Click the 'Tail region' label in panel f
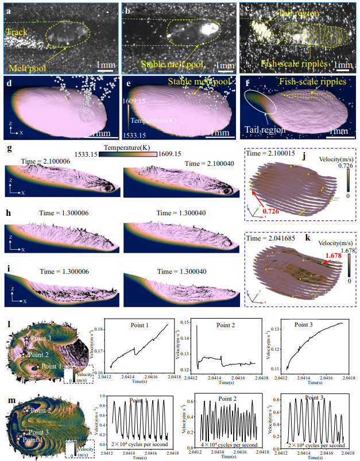(x=264, y=130)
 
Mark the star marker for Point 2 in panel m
(x=28, y=410)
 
